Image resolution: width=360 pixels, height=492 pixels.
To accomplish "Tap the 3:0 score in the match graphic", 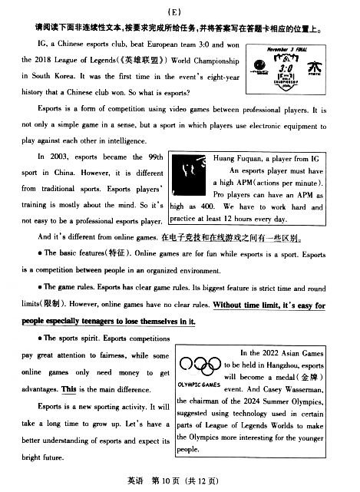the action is coord(286,68).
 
